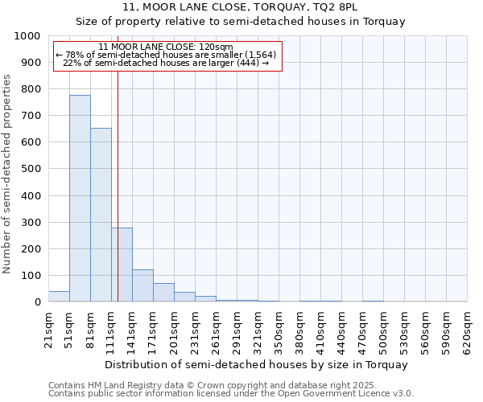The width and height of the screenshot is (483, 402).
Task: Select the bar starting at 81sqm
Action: pos(101,215)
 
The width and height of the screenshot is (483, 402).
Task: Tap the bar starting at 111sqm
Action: pos(122,265)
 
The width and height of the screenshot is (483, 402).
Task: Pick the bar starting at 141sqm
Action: pos(142,285)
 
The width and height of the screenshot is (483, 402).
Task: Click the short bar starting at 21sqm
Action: pos(59,297)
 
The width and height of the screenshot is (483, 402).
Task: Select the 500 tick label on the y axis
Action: pos(31,170)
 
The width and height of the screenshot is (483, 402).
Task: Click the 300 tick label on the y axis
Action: pos(31,223)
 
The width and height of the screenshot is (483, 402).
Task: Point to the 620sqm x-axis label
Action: pos(467,329)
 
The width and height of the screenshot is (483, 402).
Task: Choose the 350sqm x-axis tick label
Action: pos(279,329)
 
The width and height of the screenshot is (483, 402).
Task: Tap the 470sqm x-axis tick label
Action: pos(362,329)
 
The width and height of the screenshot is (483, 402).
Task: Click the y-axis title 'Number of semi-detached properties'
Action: pos(7,174)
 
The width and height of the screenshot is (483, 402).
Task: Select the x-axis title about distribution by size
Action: pos(257,364)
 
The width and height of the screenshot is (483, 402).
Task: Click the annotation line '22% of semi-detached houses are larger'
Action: pos(165,63)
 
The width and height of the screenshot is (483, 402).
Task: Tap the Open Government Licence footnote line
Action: pos(231,394)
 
